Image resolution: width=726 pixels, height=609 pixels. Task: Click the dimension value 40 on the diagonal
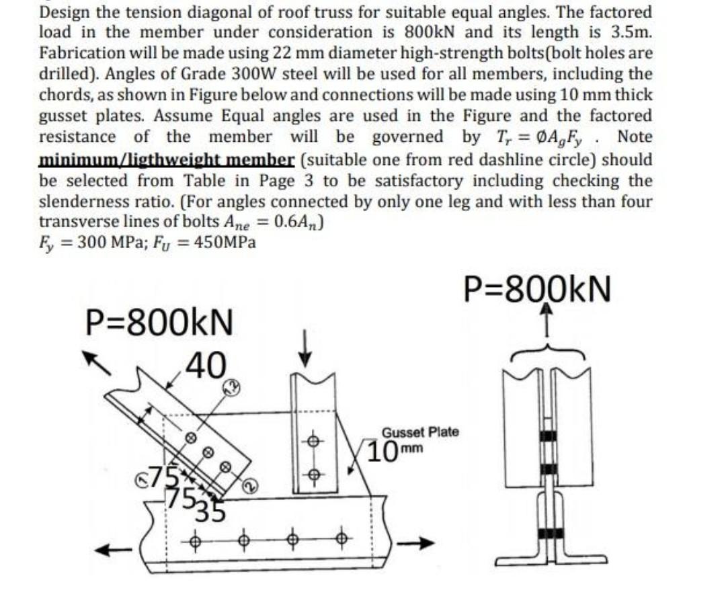pos(206,366)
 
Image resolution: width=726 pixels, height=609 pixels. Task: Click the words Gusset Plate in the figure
pos(420,432)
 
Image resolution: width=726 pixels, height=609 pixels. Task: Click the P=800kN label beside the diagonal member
pos(160,323)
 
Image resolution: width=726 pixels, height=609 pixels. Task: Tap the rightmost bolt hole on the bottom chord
pos(342,538)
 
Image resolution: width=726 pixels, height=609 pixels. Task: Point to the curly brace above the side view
pos(549,355)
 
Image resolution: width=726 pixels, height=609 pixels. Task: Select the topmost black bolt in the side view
pos(550,436)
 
